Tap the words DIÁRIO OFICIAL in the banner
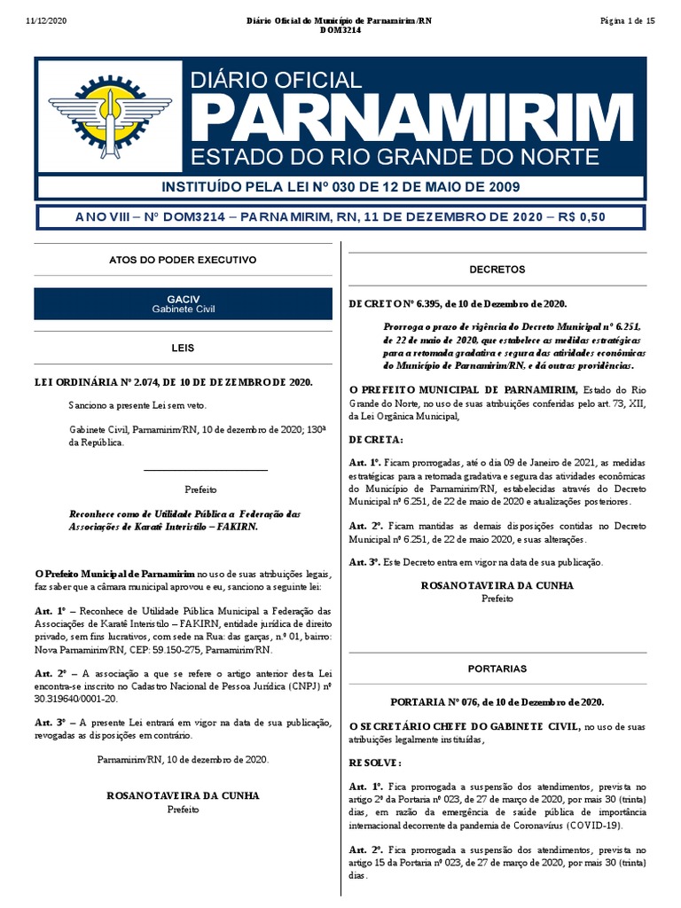(277, 81)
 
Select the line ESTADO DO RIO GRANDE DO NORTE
(395, 158)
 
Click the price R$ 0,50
(581, 218)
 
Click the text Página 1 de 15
(627, 20)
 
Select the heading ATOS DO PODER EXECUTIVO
(183, 260)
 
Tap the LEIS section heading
(183, 348)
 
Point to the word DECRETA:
(375, 439)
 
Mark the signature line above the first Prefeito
(205, 470)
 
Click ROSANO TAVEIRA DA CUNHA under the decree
(497, 585)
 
